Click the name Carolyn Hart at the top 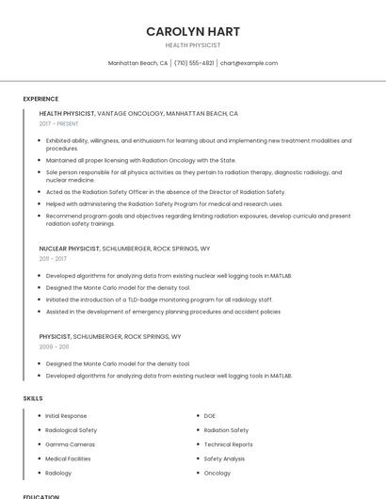193,31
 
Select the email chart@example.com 249,63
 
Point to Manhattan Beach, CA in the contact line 137,63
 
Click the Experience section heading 40,99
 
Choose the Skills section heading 33,398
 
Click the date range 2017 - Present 59,123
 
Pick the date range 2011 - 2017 53,258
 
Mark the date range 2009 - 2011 54,346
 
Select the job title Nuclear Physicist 69,248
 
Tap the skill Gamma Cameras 70,444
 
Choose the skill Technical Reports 228,444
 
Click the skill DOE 210,415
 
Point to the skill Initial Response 66,415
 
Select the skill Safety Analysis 224,459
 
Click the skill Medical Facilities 68,459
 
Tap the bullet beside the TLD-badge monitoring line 40,299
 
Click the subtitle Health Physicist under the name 193,44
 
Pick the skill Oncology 217,473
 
